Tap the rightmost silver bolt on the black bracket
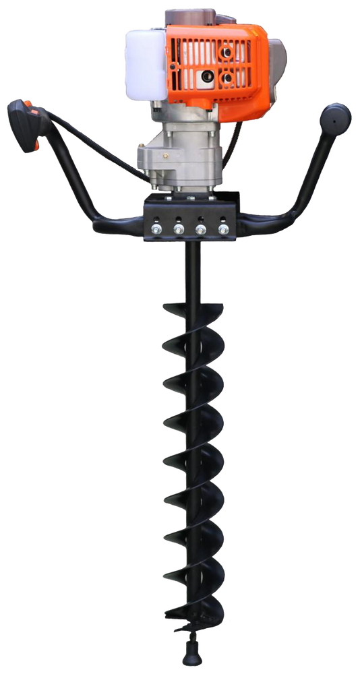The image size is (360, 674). coord(223,230)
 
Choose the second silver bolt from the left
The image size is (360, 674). coord(179,230)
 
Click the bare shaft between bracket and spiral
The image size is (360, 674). coord(191,270)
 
